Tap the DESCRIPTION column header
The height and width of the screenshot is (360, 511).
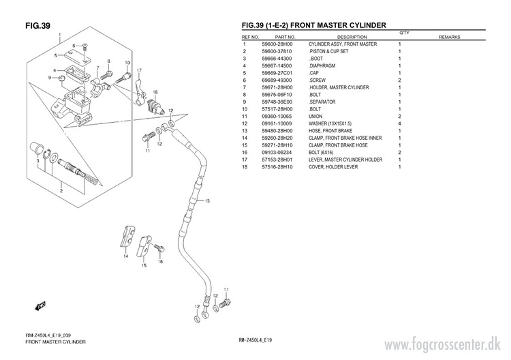[352, 37]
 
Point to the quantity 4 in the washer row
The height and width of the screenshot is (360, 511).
[399, 123]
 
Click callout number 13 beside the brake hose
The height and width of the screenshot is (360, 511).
[208, 201]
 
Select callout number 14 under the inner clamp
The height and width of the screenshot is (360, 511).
[126, 258]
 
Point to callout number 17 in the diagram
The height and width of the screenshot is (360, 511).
[139, 70]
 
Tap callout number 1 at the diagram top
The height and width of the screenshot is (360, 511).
[59, 34]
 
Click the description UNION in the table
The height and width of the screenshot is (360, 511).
[315, 116]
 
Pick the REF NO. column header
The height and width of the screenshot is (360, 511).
[250, 37]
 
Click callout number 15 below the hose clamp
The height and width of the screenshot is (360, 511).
[144, 266]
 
